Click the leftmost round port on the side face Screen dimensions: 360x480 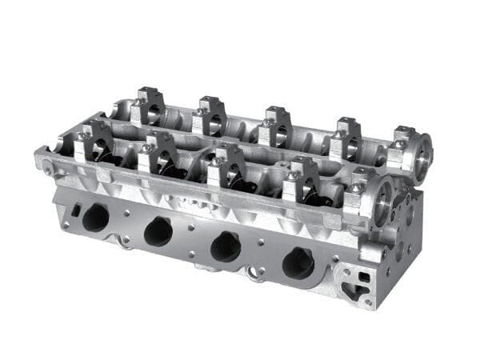point(95,217)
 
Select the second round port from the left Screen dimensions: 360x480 point(158,231)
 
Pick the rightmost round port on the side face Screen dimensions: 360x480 point(298,262)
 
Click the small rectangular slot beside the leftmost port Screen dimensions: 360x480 point(75,210)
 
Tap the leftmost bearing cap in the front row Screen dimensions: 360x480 point(94,142)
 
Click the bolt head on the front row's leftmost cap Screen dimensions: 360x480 point(82,137)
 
